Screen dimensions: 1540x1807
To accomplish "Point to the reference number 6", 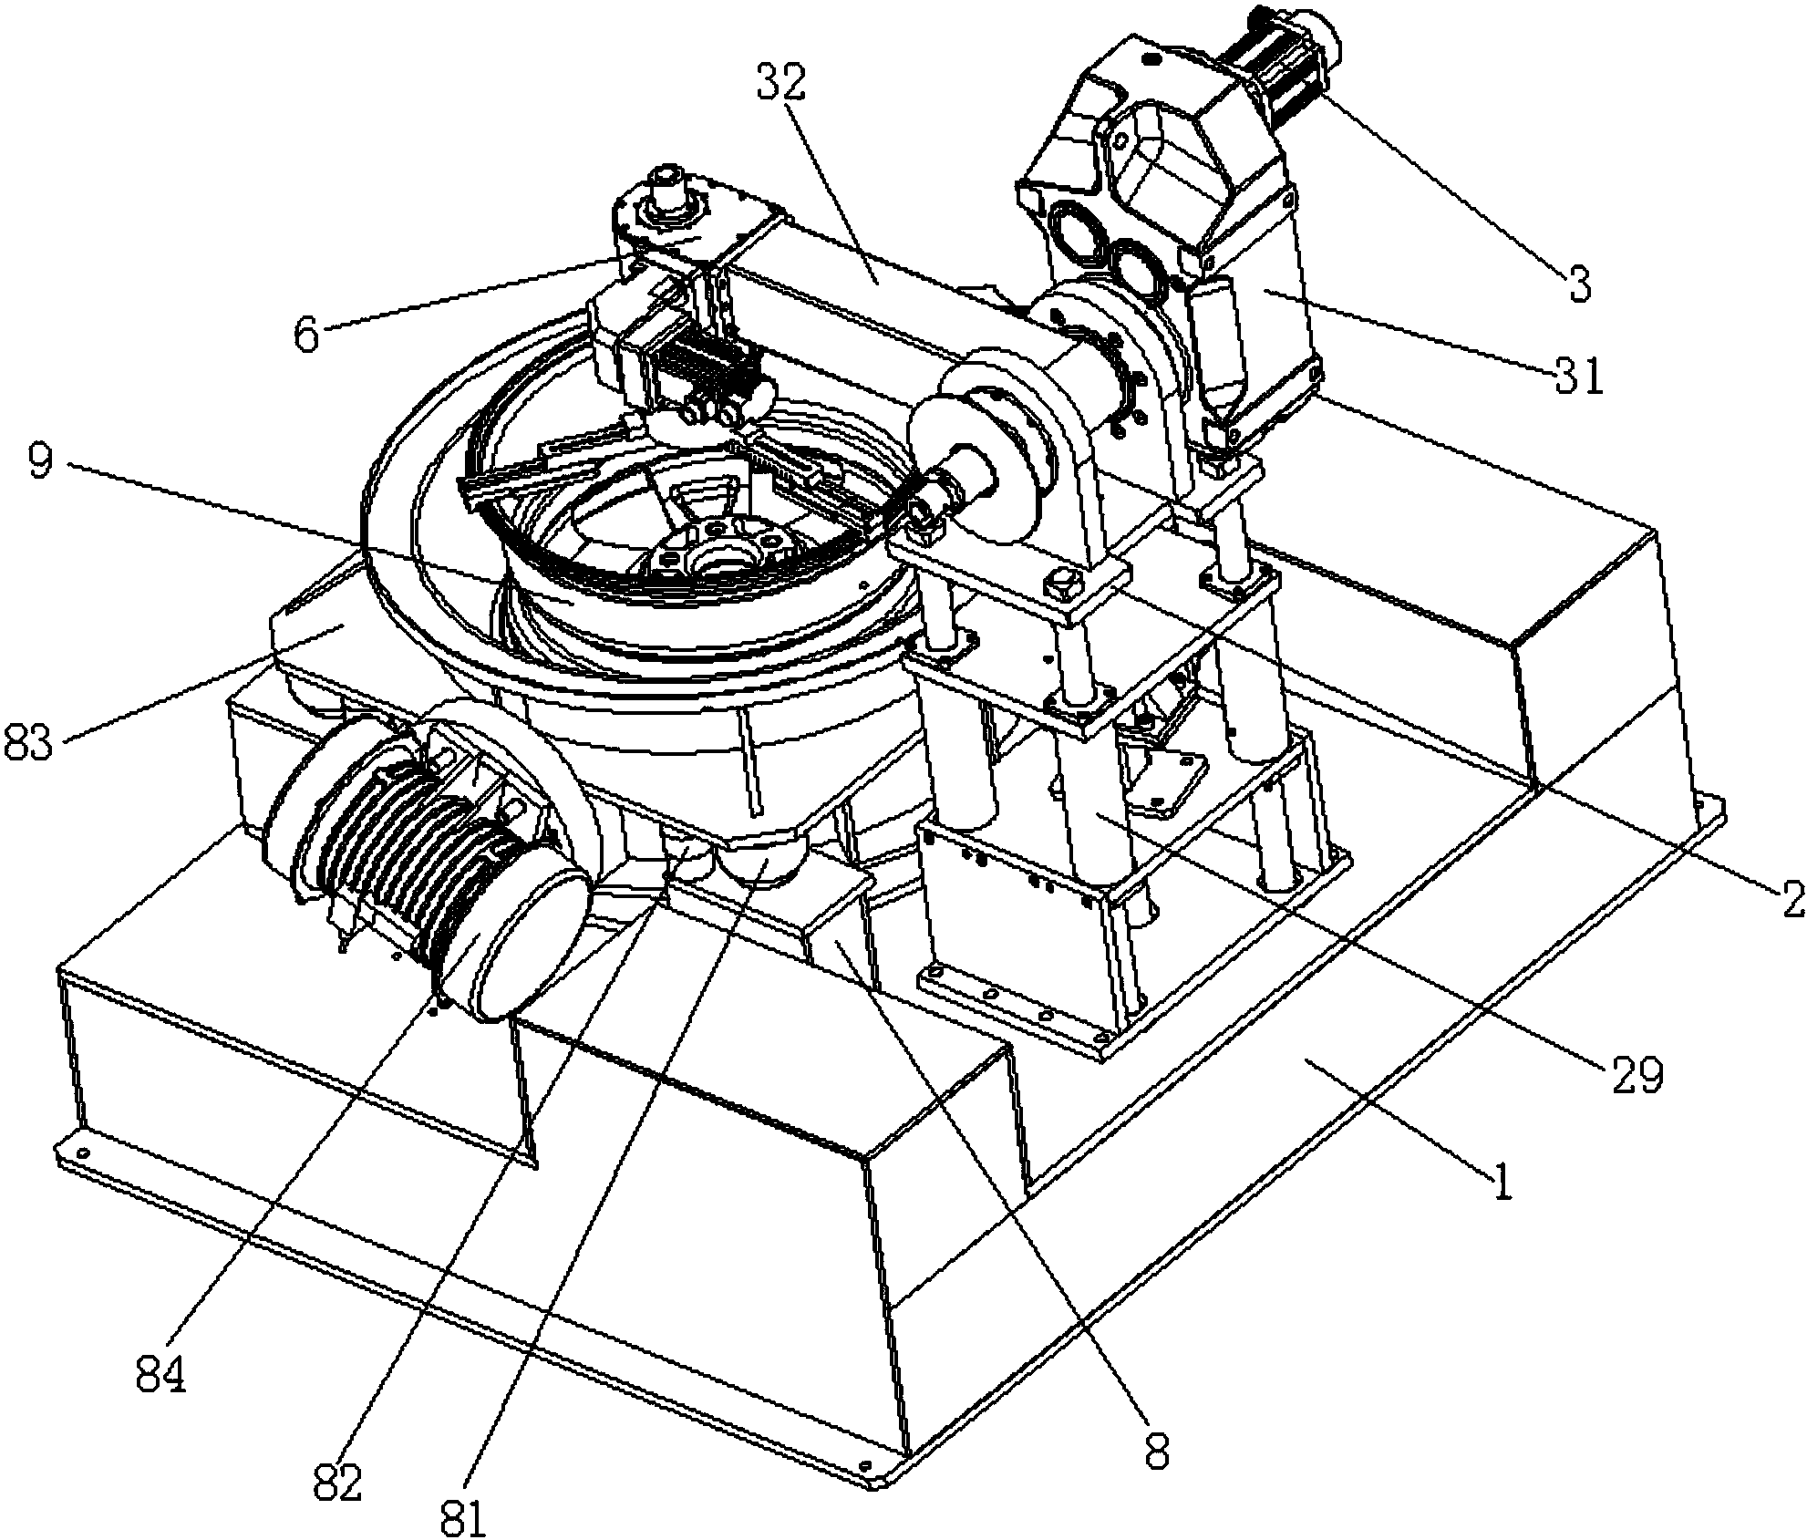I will [x=307, y=336].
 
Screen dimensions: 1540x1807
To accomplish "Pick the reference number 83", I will [x=35, y=739].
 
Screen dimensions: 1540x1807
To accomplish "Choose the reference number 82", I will [x=337, y=1483].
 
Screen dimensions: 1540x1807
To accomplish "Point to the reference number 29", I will [x=1637, y=1076].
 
